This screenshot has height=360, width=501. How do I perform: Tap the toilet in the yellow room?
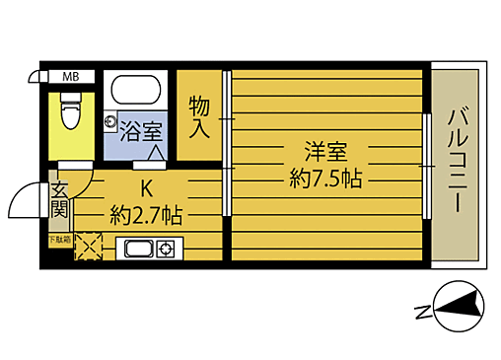point(69,111)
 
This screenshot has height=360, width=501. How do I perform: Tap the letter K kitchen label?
point(147,187)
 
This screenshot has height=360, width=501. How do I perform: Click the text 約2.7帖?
point(145,212)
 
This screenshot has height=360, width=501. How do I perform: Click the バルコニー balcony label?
point(456,159)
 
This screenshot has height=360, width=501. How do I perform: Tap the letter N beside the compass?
point(422,314)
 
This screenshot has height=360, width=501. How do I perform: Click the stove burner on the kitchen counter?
point(165,249)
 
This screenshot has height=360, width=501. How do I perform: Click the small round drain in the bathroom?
point(111,121)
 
